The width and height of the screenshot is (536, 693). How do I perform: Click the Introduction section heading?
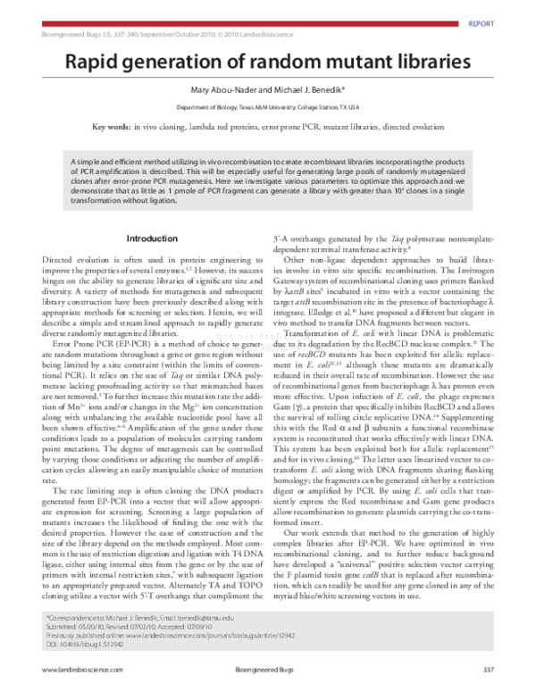153,239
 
